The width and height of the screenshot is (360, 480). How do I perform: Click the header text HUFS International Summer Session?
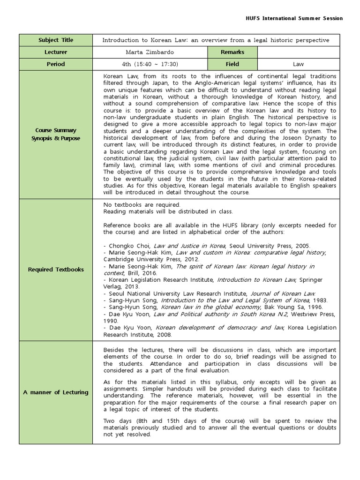(x=294, y=18)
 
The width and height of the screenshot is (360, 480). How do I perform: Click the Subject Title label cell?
(x=56, y=40)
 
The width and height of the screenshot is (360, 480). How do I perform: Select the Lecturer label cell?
(x=56, y=52)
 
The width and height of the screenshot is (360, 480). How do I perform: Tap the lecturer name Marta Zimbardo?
(x=150, y=52)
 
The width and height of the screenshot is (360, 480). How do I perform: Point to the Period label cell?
(x=56, y=64)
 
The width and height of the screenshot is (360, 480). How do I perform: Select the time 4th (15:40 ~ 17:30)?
(x=150, y=64)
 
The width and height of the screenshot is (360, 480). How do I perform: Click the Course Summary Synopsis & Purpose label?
(x=56, y=135)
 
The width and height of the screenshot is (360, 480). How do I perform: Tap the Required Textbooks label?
(x=56, y=270)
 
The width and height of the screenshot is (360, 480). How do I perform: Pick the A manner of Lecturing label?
(x=56, y=392)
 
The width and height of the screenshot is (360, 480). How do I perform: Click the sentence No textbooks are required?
(x=142, y=205)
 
